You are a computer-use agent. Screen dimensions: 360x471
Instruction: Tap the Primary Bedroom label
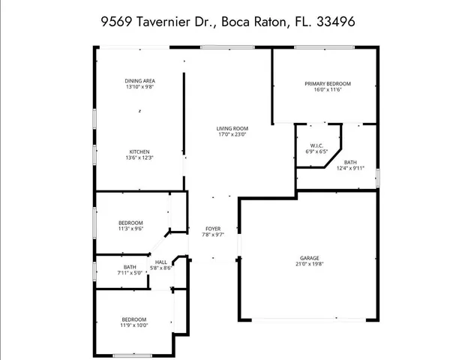tap(328, 83)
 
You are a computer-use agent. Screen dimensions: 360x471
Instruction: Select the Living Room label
tap(232, 129)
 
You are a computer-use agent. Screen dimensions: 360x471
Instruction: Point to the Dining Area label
tap(139, 81)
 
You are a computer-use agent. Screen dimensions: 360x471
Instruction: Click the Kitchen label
tap(139, 151)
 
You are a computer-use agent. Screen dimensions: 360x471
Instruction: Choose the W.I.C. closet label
tap(316, 145)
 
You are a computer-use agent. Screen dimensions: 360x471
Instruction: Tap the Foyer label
tap(214, 228)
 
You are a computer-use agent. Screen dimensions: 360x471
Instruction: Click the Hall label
tap(161, 262)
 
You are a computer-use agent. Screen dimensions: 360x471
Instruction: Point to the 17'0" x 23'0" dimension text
tap(232, 135)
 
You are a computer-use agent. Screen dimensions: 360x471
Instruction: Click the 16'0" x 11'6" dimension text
tap(328, 89)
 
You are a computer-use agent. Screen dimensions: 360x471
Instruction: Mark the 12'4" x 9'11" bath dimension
tap(350, 168)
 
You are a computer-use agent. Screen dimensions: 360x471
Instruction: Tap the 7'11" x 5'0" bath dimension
tap(130, 273)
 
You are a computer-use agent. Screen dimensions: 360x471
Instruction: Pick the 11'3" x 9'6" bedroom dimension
tap(130, 229)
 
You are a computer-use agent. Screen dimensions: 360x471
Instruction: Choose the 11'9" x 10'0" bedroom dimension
tap(134, 325)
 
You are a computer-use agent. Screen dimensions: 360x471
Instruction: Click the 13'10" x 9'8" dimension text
tap(139, 87)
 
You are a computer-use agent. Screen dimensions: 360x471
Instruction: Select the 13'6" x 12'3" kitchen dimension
tap(139, 157)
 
